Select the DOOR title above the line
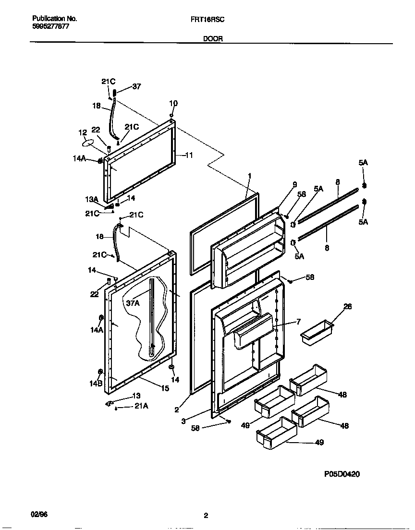(x=213, y=39)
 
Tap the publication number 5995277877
(x=50, y=26)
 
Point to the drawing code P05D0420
(x=342, y=474)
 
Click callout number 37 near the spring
(x=137, y=87)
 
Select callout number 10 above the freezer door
(x=173, y=103)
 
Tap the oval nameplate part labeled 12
(x=88, y=142)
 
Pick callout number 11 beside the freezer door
(x=188, y=155)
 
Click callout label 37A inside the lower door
(x=133, y=303)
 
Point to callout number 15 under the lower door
(x=165, y=388)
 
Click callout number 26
(x=348, y=307)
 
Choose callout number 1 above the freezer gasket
(x=250, y=176)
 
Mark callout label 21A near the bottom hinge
(x=141, y=407)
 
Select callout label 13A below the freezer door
(x=92, y=199)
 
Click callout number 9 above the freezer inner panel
(x=295, y=184)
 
